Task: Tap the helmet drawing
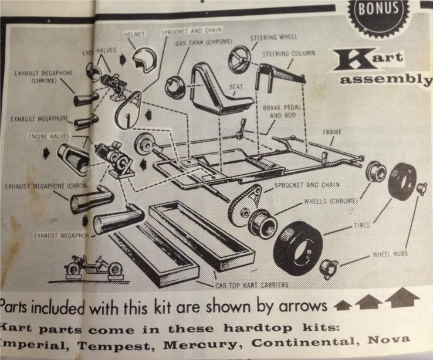pyautogui.click(x=141, y=59)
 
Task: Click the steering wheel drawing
pyautogui.click(x=240, y=59)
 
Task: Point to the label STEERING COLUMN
pyautogui.click(x=289, y=53)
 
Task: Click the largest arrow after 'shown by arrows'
pyautogui.click(x=402, y=299)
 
